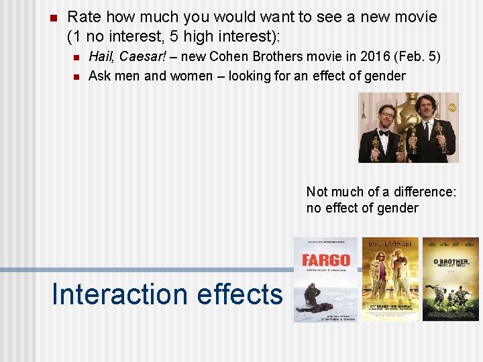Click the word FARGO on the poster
click(x=325, y=260)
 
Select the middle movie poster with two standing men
click(x=390, y=279)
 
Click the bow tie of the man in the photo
click(x=384, y=133)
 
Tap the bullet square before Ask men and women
click(x=76, y=76)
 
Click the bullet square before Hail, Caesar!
click(x=76, y=57)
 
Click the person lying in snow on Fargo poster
click(x=317, y=307)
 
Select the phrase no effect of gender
click(x=362, y=208)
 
